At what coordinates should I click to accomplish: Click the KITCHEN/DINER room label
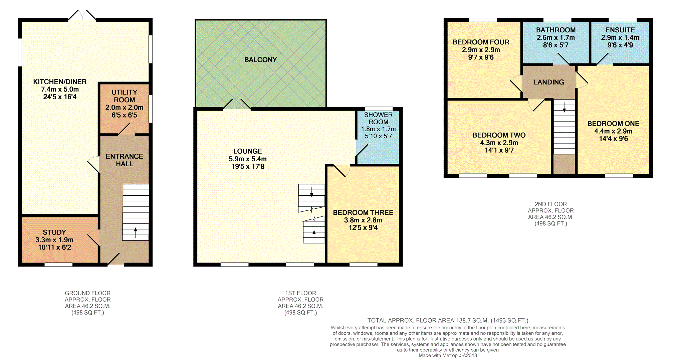[x=60, y=82]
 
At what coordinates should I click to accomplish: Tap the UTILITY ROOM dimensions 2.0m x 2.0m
[x=124, y=108]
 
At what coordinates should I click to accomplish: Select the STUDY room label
[x=54, y=232]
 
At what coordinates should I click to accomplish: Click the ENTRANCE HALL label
[x=124, y=160]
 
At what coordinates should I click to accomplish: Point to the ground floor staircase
[x=136, y=212]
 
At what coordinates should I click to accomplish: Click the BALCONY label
[x=261, y=60]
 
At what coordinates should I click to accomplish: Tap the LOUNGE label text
[x=248, y=151]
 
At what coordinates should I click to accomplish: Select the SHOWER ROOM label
[x=378, y=118]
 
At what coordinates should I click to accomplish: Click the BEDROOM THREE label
[x=363, y=213]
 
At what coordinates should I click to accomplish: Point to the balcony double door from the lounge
[x=237, y=104]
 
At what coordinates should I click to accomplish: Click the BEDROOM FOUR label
[x=481, y=42]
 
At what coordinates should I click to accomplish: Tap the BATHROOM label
[x=556, y=30]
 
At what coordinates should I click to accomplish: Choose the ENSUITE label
[x=620, y=30]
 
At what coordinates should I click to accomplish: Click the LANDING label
[x=549, y=82]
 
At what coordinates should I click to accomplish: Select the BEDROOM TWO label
[x=499, y=135]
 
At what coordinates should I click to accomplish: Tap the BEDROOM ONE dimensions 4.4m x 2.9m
[x=613, y=131]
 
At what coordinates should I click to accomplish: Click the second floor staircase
[x=564, y=127]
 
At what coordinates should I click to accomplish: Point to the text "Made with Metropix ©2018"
[x=448, y=355]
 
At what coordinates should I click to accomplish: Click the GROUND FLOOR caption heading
[x=87, y=293]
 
